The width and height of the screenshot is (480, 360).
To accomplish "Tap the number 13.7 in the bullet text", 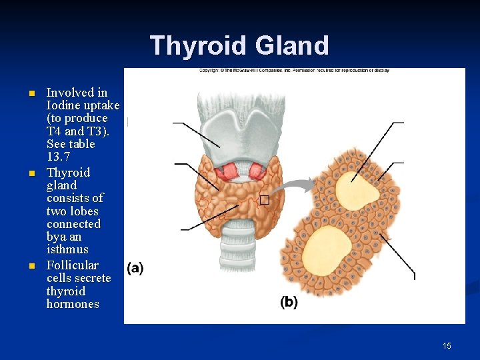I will tap(58, 157).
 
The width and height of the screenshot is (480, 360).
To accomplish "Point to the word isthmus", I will tap(67, 249).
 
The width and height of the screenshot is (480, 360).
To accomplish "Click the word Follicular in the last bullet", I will tap(72, 265).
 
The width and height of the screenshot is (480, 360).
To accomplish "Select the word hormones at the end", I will tap(73, 304).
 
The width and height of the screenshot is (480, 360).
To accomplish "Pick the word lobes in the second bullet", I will tap(83, 211).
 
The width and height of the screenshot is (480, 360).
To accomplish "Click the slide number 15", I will tap(447, 345).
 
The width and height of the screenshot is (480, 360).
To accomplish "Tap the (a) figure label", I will tap(135, 268).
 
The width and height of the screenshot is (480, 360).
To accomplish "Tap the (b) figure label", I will tap(289, 302).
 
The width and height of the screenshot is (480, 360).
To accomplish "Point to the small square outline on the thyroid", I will tap(264, 200).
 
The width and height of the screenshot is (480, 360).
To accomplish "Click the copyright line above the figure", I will tap(293, 70).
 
